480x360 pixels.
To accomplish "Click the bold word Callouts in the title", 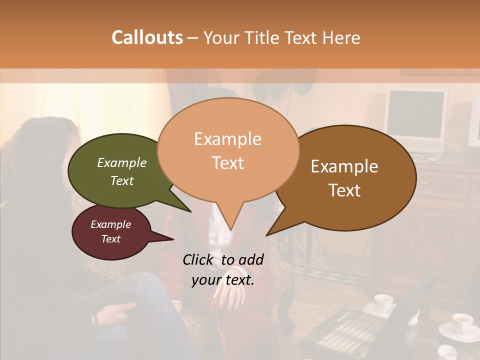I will [147, 37].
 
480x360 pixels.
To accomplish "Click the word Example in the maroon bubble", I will [110, 224].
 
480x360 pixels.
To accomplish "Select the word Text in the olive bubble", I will [122, 180].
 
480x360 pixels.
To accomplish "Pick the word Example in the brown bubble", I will [344, 166].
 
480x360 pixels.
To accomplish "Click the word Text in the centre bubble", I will [228, 163].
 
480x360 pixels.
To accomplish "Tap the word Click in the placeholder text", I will [198, 259].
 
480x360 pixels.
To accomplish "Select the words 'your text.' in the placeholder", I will [223, 280].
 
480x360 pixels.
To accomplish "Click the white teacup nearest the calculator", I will [383, 302].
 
